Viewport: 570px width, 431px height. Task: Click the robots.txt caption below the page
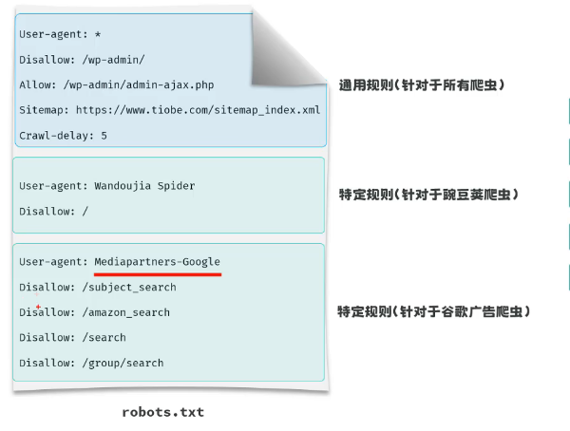162,412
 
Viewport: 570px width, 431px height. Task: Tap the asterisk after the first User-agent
98,34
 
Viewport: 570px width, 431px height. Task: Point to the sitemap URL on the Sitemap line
198,110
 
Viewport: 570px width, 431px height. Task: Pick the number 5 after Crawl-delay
104,136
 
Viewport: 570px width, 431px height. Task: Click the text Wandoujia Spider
144,186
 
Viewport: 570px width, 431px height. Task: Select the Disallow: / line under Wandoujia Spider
53,211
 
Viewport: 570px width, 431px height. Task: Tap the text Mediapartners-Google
157,261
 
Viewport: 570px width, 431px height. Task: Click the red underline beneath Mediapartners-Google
158,274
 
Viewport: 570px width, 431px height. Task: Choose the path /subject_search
128,287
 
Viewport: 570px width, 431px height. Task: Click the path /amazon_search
125,312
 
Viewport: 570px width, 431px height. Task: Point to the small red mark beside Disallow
38,307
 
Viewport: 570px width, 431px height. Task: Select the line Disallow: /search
72,337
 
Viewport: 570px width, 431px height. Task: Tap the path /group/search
123,363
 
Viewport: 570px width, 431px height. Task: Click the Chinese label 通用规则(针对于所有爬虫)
421,85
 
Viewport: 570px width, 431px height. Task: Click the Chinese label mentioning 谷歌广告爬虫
433,311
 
